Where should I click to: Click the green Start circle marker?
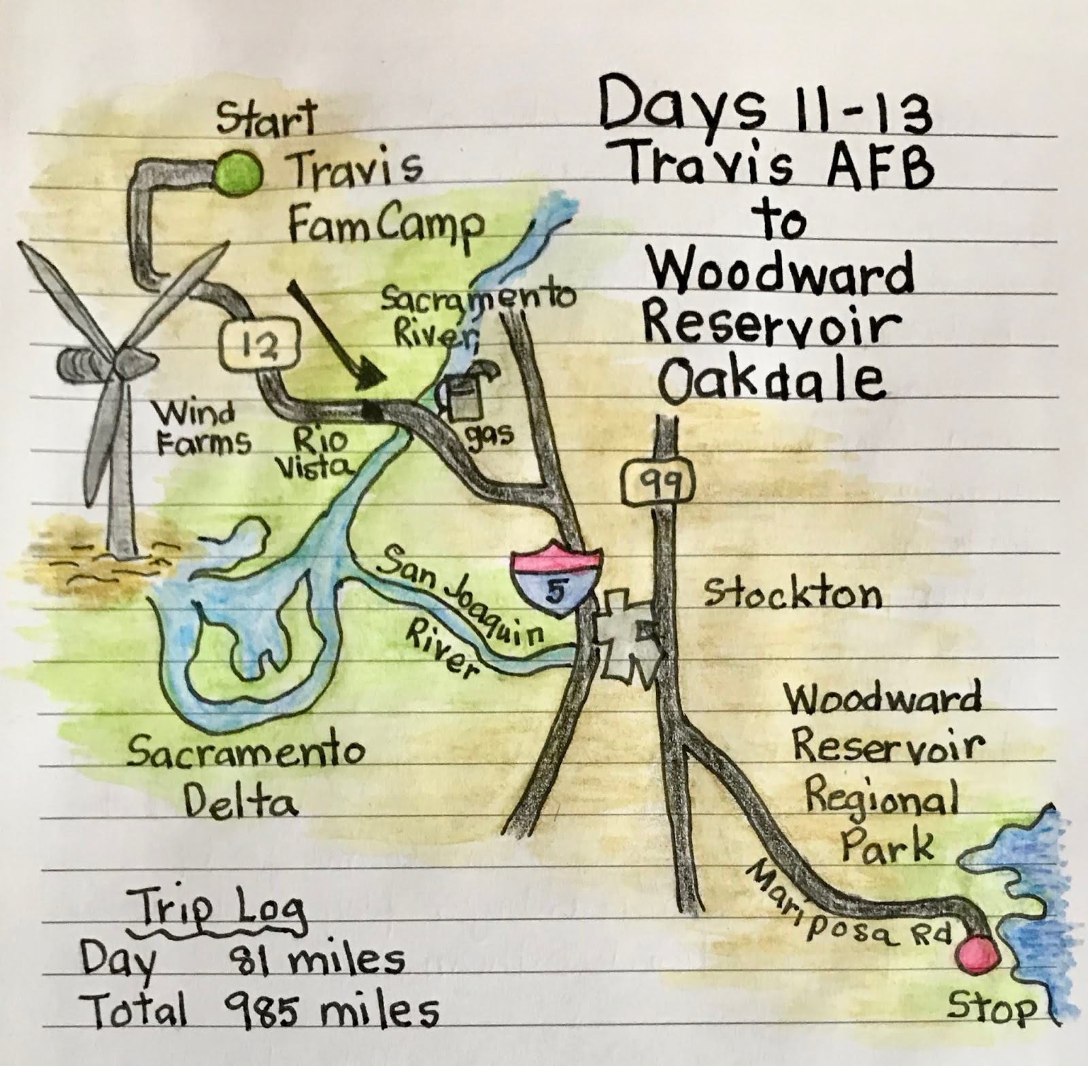pyautogui.click(x=237, y=172)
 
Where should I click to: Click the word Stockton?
pyautogui.click(x=793, y=594)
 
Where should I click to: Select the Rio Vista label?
pyautogui.click(x=320, y=453)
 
